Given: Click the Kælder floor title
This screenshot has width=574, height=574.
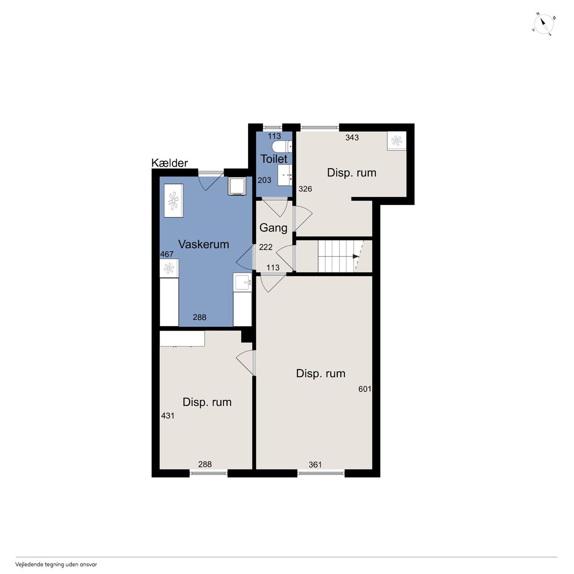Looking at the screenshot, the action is [x=170, y=163].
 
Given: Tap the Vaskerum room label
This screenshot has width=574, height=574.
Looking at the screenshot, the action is [x=204, y=244].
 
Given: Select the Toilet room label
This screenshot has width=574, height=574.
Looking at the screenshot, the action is [x=274, y=159].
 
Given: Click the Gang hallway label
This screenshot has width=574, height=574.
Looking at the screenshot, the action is [x=274, y=228].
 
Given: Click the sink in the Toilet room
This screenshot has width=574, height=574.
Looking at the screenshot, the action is [x=285, y=175].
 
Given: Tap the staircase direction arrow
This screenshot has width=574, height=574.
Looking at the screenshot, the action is [x=356, y=256].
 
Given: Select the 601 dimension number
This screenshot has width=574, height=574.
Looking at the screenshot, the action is [x=365, y=389].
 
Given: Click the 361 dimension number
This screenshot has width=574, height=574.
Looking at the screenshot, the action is [x=315, y=465].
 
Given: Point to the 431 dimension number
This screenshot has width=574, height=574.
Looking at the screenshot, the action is [x=168, y=416].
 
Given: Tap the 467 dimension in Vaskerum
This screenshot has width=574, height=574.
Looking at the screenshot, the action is [x=167, y=254].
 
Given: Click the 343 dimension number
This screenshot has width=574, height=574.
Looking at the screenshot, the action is [x=352, y=137].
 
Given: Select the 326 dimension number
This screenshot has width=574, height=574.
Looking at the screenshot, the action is [x=305, y=188].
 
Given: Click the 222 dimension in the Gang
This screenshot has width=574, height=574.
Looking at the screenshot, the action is [x=266, y=247].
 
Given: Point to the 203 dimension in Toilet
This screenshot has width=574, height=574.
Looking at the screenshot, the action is [x=265, y=180].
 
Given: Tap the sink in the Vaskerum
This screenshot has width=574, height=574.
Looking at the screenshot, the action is [x=243, y=282].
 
